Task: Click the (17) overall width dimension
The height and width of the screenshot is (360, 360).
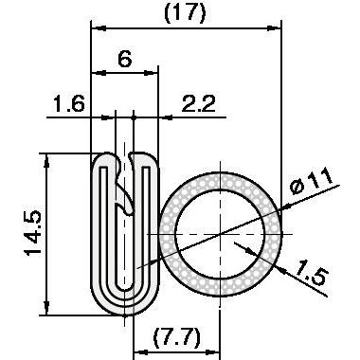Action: click(186, 13)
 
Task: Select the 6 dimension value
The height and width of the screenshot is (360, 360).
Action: click(125, 59)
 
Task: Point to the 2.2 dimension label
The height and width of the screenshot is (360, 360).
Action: click(199, 103)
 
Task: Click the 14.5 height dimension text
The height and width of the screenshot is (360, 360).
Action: click(33, 233)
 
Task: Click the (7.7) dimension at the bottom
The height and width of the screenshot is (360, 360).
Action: click(177, 337)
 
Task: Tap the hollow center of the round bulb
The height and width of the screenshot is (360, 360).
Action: click(220, 234)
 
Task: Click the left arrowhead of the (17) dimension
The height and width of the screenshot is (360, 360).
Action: click(98, 28)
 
